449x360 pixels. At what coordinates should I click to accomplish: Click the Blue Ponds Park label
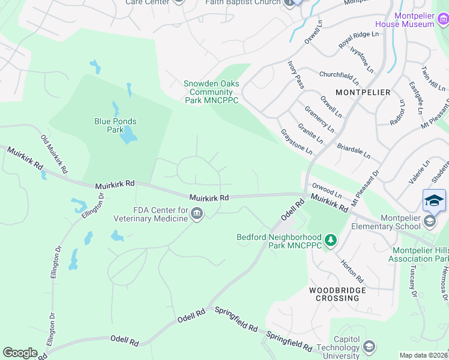coord(115,125)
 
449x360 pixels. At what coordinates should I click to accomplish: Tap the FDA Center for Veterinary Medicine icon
coord(197,214)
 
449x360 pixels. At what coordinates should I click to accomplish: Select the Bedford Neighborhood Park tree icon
coord(330,241)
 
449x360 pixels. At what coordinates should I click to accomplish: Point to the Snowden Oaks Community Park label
coord(211,92)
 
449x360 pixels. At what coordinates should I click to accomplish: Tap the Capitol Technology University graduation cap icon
coord(369,346)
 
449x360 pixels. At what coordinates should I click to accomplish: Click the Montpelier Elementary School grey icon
coord(430,221)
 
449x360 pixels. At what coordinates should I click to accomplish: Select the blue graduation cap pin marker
coord(434,201)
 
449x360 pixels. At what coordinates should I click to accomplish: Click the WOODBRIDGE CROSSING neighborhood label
coord(334,294)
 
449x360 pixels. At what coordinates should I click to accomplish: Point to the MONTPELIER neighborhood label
coord(363,92)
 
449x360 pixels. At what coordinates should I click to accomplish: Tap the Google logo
coord(20,353)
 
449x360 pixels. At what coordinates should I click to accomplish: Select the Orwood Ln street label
coord(327,194)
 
